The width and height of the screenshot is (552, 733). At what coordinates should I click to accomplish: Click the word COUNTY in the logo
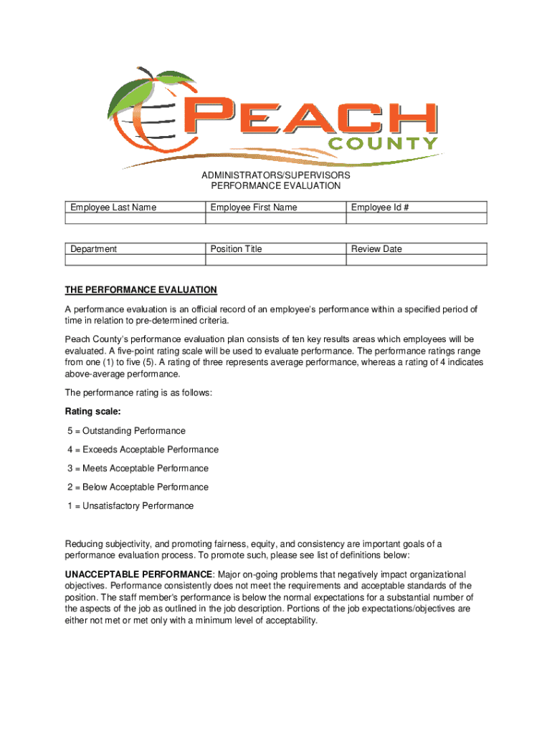tap(383, 144)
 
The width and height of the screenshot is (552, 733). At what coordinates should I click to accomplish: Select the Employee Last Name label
tap(113, 208)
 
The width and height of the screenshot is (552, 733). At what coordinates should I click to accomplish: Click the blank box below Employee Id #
tap(417, 219)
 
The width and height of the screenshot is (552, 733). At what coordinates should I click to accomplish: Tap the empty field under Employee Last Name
tap(134, 219)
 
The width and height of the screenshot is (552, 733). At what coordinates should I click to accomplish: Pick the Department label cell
tap(94, 249)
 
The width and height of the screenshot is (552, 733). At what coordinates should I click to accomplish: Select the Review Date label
tap(376, 249)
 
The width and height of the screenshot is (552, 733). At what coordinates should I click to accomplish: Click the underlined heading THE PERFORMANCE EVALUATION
tap(141, 290)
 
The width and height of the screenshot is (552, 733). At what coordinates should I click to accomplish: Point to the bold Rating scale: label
tap(89, 412)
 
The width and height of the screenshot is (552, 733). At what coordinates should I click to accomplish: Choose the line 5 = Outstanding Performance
tap(127, 431)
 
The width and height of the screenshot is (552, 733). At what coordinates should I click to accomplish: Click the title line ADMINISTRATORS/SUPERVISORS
tap(276, 175)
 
